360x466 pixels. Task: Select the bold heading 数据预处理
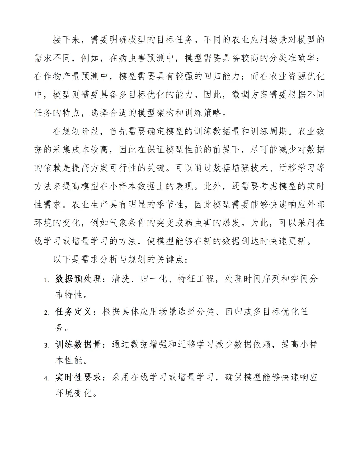(x=78, y=279)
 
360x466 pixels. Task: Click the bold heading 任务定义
(x=73, y=312)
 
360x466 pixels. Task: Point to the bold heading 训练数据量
(x=78, y=344)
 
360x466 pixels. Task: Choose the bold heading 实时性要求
(x=78, y=377)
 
